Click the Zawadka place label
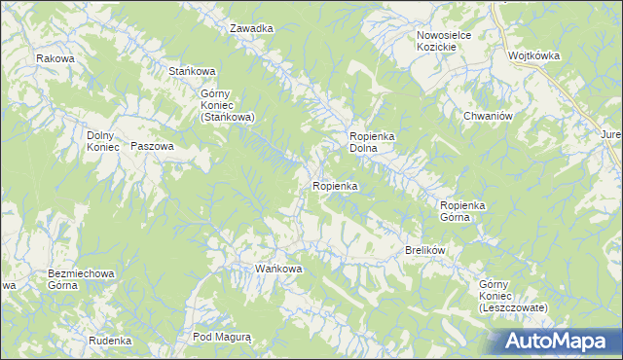click(251, 28)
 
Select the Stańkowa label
click(191, 71)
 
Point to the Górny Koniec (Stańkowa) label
click(227, 105)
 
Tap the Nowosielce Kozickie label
click(444, 42)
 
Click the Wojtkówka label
click(533, 56)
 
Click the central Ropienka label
click(336, 185)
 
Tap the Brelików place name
click(424, 251)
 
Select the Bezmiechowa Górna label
click(82, 280)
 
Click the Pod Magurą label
click(222, 337)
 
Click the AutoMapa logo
click(559, 341)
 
